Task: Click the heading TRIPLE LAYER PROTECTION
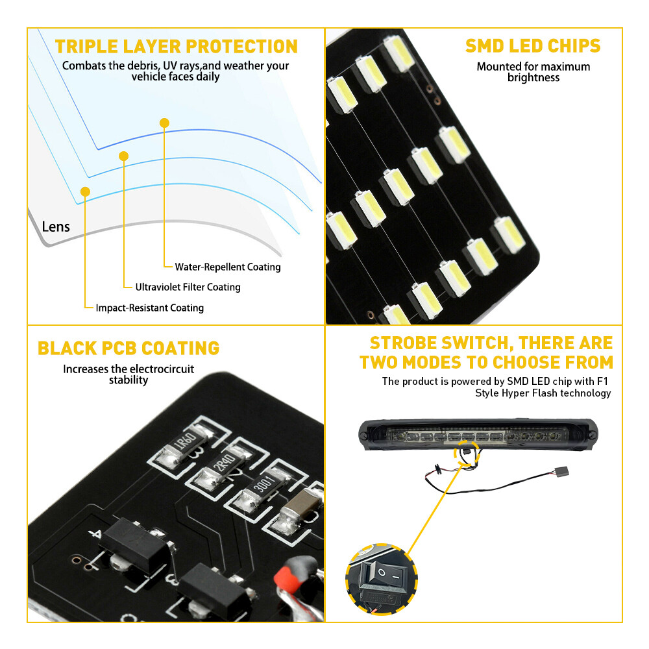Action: pyautogui.click(x=177, y=46)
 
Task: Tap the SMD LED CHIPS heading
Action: pyautogui.click(x=533, y=46)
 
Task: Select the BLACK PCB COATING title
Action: pyautogui.click(x=129, y=348)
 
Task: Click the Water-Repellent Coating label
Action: pyautogui.click(x=228, y=267)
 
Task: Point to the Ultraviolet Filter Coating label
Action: pyautogui.click(x=188, y=288)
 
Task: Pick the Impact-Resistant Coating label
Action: pyautogui.click(x=150, y=308)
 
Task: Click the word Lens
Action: pyautogui.click(x=56, y=227)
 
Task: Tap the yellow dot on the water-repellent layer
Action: pyautogui.click(x=164, y=123)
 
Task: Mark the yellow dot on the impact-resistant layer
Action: pyautogui.click(x=85, y=191)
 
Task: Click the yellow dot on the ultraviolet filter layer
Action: pyautogui.click(x=123, y=156)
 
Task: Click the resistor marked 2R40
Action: pyautogui.click(x=224, y=467)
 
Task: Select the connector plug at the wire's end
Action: pyautogui.click(x=563, y=471)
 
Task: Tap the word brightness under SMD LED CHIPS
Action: pyautogui.click(x=533, y=78)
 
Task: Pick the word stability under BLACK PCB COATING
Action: pyautogui.click(x=129, y=380)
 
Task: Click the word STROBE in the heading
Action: pyautogui.click(x=403, y=343)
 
